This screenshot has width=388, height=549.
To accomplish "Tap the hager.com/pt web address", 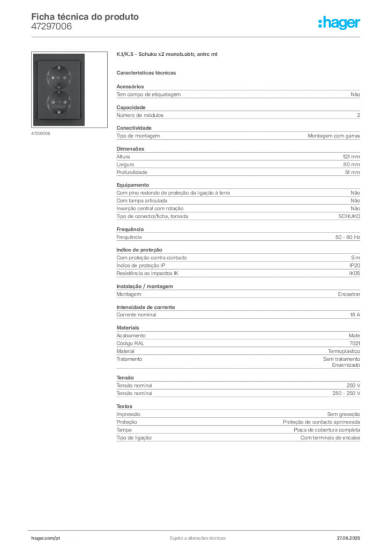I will [x=46, y=537].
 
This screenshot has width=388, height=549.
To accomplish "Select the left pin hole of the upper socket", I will [x=53, y=78].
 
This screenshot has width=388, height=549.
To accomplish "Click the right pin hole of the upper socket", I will [x=64, y=78].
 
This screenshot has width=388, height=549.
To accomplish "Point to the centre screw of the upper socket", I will [x=58, y=78].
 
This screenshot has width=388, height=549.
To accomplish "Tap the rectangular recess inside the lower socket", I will [x=58, y=108].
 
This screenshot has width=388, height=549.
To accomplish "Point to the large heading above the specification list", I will [x=167, y=55].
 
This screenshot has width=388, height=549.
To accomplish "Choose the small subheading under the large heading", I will [x=148, y=73].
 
